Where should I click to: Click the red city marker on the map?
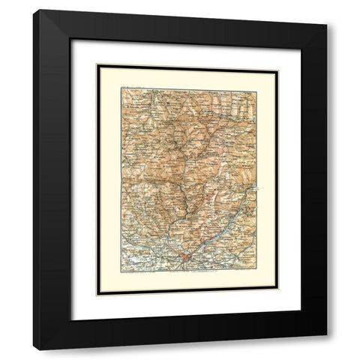point(185,259)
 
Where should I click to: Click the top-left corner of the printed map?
point(121,88)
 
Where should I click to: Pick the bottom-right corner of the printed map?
point(256,270)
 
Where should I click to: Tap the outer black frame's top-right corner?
point(327,25)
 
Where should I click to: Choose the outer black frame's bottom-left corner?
point(33,349)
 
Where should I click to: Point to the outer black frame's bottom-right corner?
point(327,334)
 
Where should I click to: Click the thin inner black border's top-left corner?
point(97,64)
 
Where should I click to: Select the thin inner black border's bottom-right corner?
point(278,292)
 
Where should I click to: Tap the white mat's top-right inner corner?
point(301,40)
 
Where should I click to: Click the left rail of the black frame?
point(52,180)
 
